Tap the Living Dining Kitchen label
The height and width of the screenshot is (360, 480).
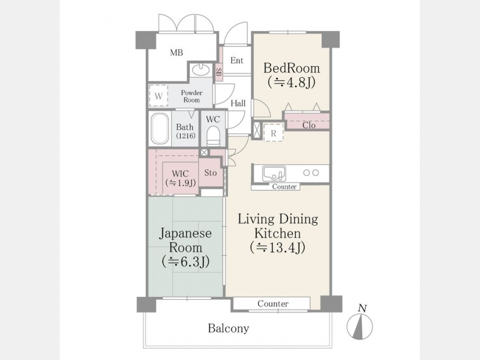point(278,234)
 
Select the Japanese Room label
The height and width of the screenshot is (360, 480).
point(186,247)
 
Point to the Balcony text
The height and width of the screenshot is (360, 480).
point(228,328)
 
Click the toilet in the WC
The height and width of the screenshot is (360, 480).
point(213,135)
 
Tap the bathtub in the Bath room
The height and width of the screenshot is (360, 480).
point(160,129)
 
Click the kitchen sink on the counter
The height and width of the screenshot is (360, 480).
point(274,173)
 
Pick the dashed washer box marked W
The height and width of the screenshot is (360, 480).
point(158,95)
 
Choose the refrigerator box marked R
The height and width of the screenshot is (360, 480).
point(274,133)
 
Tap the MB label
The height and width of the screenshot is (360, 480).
point(177,53)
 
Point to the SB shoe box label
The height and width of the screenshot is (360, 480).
point(219,72)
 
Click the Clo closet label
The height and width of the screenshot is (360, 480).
point(309,125)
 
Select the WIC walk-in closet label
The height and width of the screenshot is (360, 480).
point(180,178)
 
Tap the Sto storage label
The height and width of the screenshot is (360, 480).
point(210,173)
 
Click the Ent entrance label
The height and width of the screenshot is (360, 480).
point(237,60)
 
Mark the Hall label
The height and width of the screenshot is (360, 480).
point(238,103)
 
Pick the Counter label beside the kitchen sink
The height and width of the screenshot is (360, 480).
point(284,187)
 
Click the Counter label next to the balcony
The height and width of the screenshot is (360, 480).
point(273,303)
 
